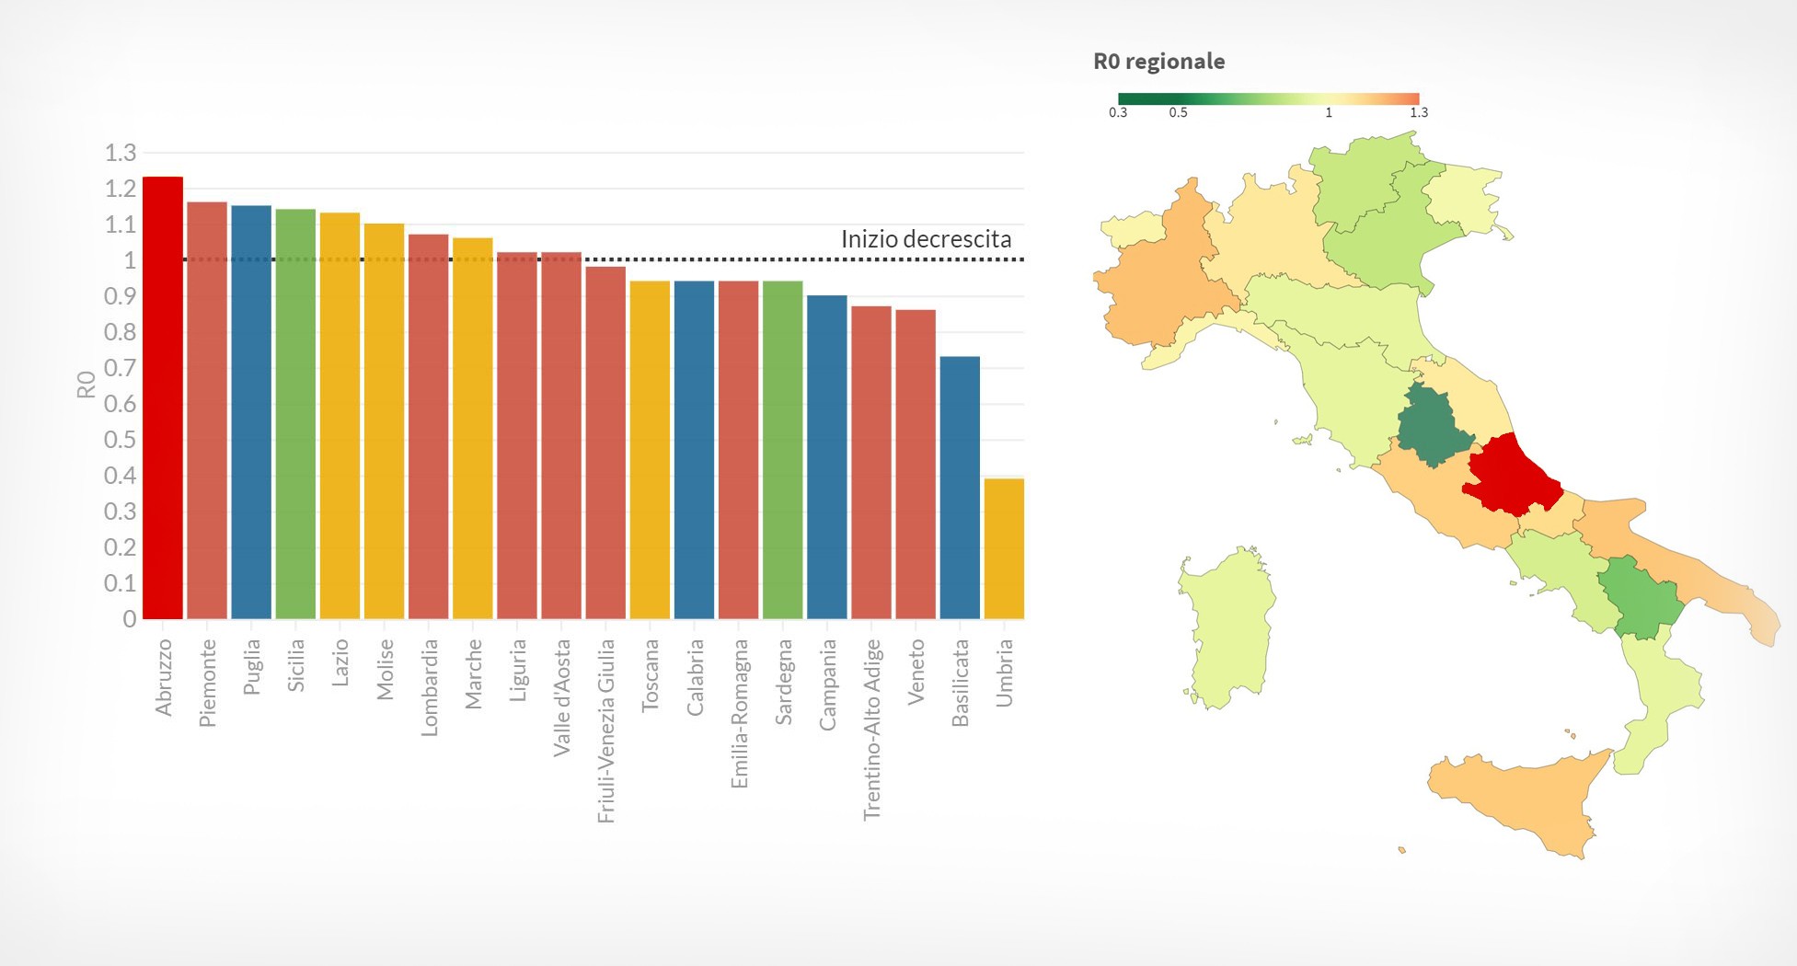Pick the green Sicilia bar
click(x=295, y=413)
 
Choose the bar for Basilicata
click(x=960, y=487)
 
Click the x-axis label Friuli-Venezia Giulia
click(x=605, y=730)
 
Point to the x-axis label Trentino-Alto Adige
click(x=871, y=730)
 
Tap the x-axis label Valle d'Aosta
click(x=561, y=697)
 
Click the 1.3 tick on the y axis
click(x=121, y=153)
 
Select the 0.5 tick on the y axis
click(x=121, y=440)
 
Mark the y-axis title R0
click(x=86, y=385)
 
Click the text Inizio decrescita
click(x=926, y=239)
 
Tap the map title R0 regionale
click(x=1158, y=62)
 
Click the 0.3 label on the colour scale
click(x=1118, y=112)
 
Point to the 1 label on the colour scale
click(x=1329, y=112)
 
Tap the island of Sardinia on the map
click(x=1226, y=626)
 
